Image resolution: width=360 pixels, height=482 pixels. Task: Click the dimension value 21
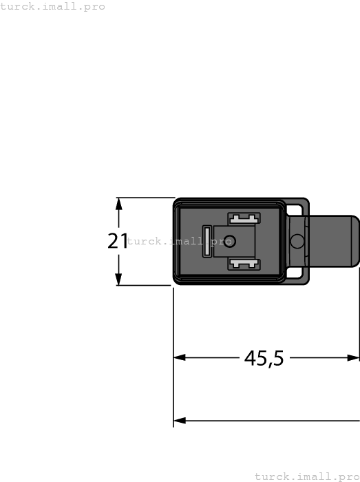117,241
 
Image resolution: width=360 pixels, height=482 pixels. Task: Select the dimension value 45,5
264,358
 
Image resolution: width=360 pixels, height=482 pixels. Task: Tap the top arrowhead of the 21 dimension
119,203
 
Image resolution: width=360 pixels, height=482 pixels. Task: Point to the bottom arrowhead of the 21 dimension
119,280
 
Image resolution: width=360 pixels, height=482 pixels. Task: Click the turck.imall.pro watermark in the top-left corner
52,6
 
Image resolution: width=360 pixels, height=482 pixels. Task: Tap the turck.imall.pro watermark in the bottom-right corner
307,476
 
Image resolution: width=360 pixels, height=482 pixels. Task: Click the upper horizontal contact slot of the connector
244,219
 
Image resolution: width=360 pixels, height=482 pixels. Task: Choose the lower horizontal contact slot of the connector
244,264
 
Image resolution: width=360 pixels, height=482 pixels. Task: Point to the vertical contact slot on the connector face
207,242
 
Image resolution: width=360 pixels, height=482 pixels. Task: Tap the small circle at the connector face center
230,241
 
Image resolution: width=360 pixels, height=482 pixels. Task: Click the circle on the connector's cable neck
297,242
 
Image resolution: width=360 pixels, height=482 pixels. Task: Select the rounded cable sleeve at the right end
334,241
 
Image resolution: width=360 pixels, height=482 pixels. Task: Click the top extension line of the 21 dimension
145,198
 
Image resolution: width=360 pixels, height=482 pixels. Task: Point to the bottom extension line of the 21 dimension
145,285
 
